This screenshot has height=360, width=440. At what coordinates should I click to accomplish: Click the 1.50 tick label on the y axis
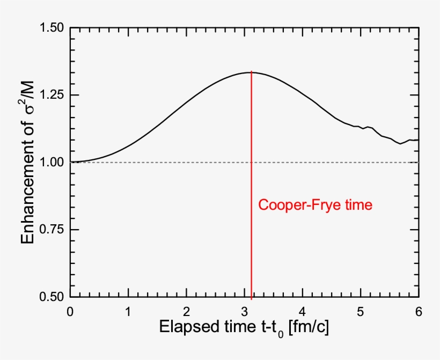click(x=52, y=28)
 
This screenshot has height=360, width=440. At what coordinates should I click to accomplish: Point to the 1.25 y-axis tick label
click(x=52, y=95)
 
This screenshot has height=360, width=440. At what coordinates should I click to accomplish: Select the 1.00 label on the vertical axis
click(x=52, y=162)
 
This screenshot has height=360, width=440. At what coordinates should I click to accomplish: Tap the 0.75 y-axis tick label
click(x=52, y=230)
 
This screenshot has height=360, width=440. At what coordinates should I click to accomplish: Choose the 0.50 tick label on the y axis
click(x=52, y=297)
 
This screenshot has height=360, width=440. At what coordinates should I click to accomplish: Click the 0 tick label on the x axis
click(x=70, y=311)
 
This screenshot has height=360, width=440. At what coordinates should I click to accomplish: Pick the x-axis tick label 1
click(x=128, y=311)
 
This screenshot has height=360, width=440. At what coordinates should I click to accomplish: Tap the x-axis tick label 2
click(x=186, y=311)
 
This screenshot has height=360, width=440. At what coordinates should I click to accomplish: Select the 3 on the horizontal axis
click(x=245, y=311)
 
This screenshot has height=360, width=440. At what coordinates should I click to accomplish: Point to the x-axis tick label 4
click(x=303, y=311)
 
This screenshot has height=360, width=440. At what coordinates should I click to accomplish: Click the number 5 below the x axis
click(x=361, y=311)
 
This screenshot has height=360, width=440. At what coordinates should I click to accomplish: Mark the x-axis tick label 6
click(x=419, y=311)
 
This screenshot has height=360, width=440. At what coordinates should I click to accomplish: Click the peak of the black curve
click(x=251, y=72)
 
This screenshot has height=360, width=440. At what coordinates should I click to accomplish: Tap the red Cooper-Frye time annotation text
click(x=315, y=205)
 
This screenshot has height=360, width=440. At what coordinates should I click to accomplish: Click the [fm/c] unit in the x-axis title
click(x=308, y=329)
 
